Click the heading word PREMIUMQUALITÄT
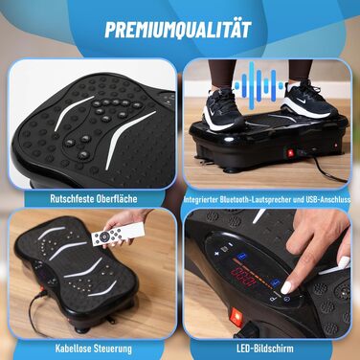178,30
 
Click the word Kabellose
73,349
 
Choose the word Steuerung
113,349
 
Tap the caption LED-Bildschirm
265,349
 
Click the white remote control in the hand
118,234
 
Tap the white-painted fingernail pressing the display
286,287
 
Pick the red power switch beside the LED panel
236,316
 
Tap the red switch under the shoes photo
290,153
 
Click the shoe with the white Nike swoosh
308,100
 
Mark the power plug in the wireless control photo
42,290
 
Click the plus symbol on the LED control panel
216,254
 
